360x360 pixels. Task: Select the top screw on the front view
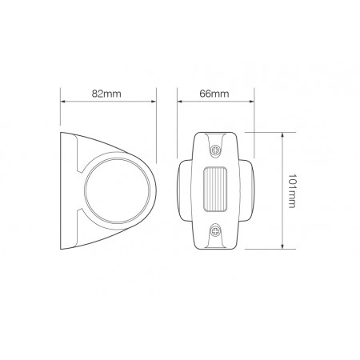(216, 151)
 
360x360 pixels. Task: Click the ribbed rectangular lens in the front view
(216, 190)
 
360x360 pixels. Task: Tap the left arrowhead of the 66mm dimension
(178, 102)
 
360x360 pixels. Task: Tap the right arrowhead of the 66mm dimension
(253, 102)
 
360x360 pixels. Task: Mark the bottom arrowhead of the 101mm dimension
(282, 246)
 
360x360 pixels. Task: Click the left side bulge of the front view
(182, 190)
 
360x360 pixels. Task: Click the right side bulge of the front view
(249, 190)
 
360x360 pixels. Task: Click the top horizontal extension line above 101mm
(264, 132)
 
